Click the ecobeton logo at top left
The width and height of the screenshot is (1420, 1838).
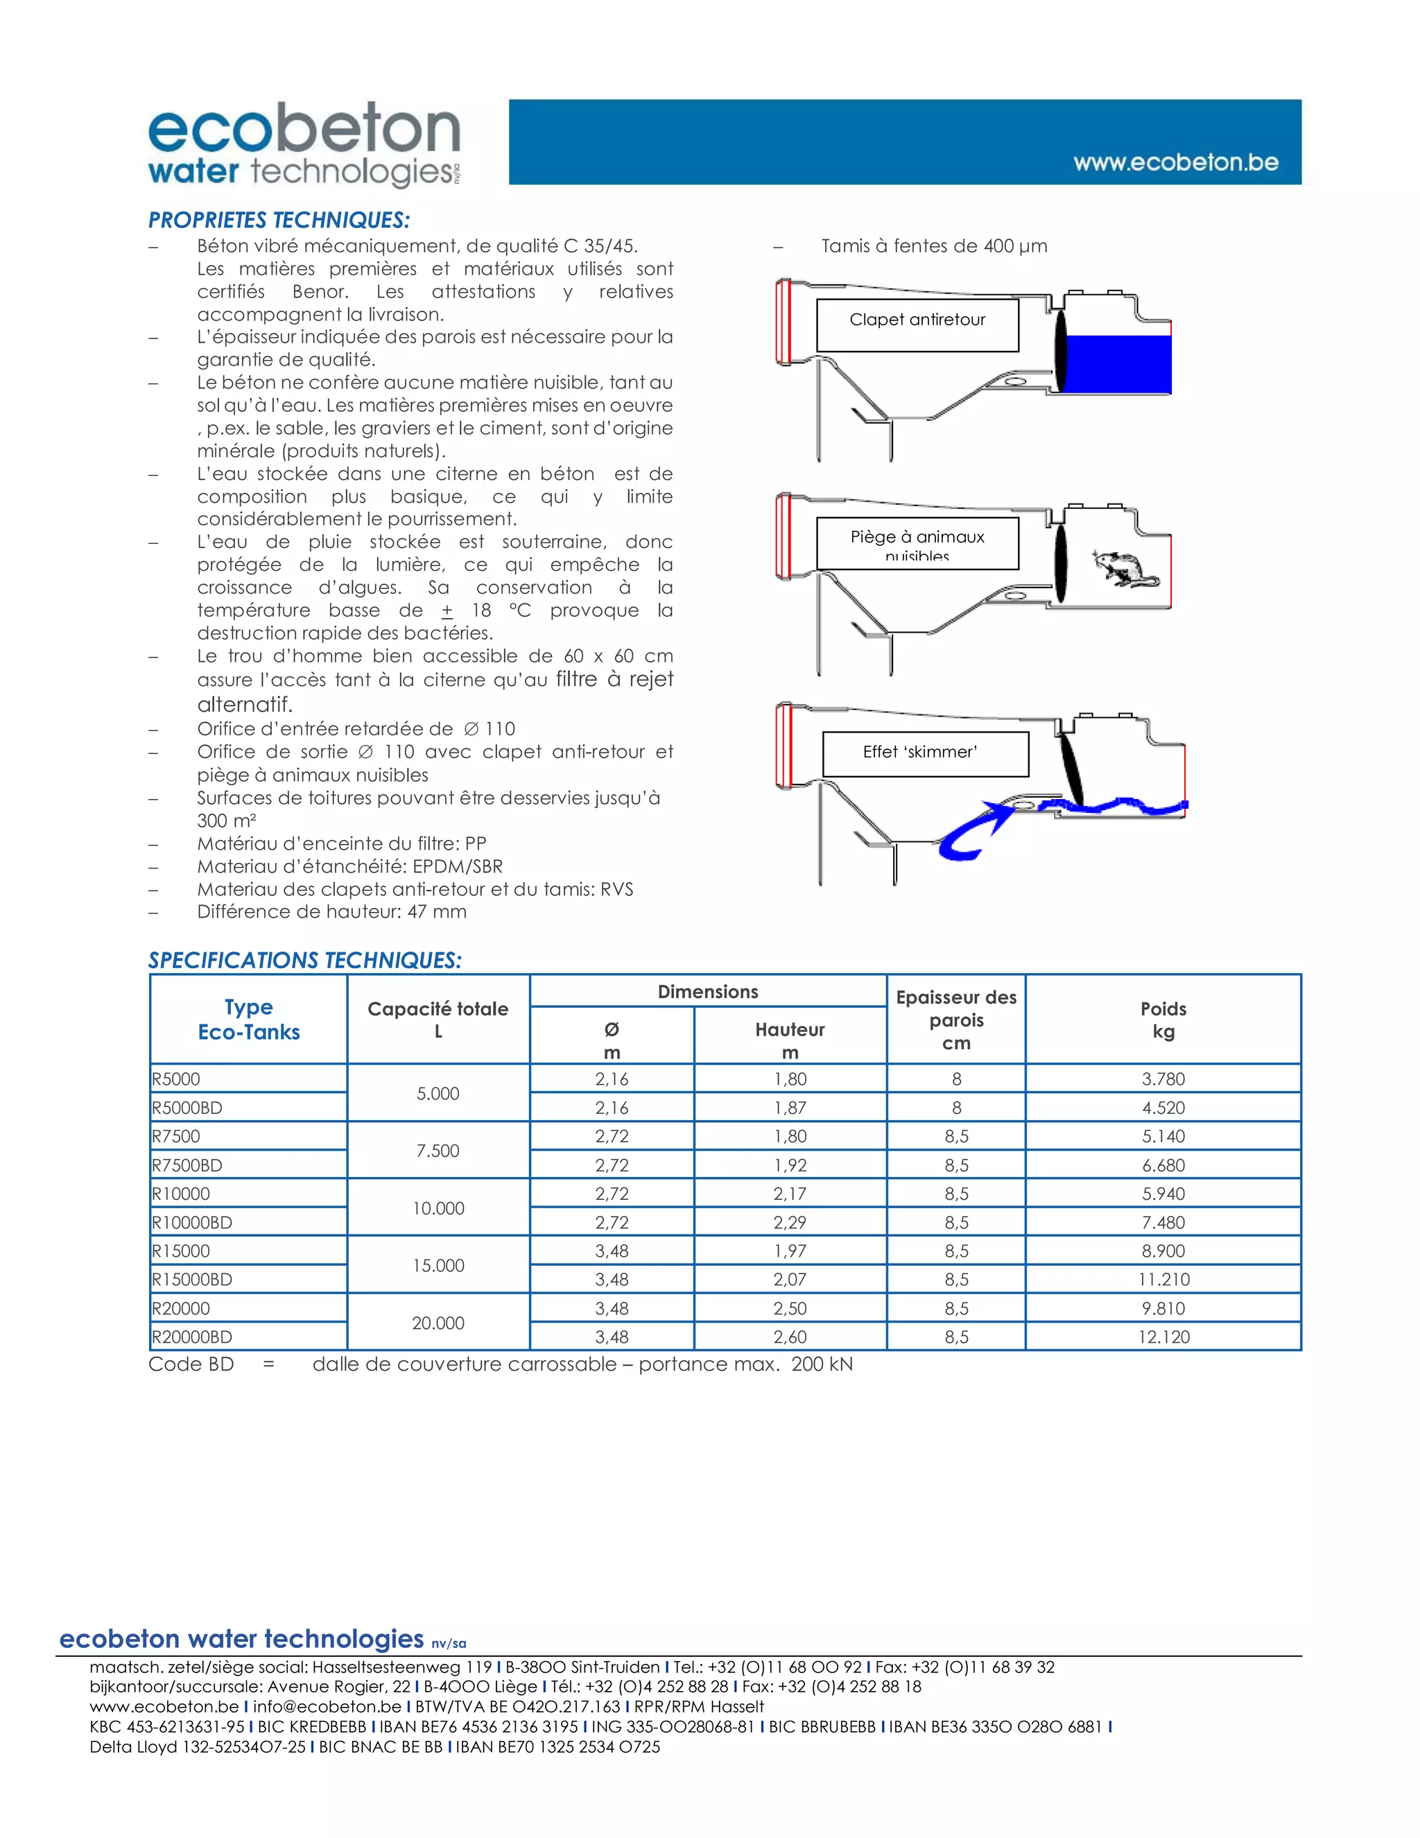point(304,144)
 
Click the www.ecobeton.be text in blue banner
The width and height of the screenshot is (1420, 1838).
point(1175,162)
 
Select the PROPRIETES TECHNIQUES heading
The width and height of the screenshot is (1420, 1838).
point(279,221)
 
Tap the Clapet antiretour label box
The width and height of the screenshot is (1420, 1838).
point(917,325)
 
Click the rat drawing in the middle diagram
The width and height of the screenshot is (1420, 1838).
point(1124,569)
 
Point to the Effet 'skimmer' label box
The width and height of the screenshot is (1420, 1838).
point(924,753)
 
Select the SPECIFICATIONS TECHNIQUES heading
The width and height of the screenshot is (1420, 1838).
point(304,960)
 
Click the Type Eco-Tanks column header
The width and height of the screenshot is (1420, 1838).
point(248,1019)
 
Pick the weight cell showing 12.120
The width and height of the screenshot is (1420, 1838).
point(1163,1337)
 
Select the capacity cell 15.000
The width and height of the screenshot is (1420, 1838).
point(438,1265)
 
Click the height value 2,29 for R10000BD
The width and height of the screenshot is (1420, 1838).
point(789,1222)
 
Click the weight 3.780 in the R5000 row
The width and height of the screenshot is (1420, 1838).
point(1163,1079)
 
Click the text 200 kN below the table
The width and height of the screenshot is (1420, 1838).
point(821,1364)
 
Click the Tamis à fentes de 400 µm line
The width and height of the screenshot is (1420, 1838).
point(934,247)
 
